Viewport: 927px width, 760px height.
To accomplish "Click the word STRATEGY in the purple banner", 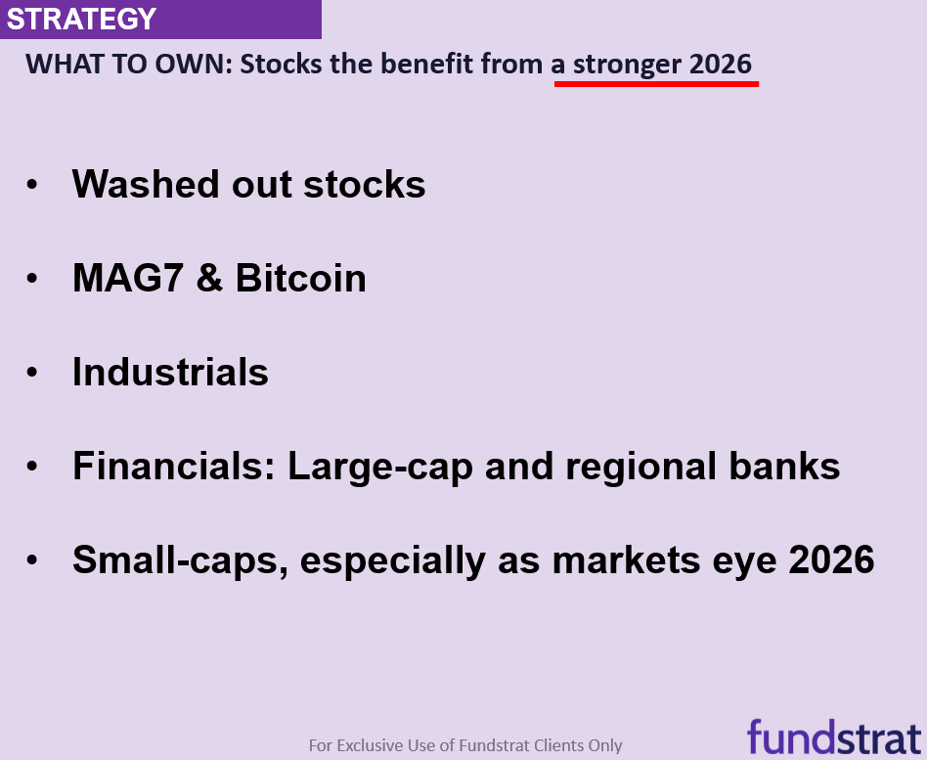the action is (x=81, y=19).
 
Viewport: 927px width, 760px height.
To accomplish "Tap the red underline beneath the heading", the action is (x=656, y=84).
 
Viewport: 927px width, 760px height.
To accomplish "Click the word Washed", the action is (x=146, y=184).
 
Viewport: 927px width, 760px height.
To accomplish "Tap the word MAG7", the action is (x=127, y=278).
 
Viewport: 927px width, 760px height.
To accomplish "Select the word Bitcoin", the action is (x=301, y=278).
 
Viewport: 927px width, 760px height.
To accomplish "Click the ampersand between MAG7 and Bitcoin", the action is (x=209, y=278).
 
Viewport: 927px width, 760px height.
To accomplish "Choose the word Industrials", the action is (x=170, y=372).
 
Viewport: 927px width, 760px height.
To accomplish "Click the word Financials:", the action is (x=174, y=466).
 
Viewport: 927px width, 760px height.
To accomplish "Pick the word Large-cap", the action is (x=380, y=468).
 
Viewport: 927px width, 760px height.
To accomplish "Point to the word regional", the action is (x=640, y=468).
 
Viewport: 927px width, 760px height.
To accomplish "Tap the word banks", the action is (x=784, y=466).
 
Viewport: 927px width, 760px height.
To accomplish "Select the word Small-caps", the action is (x=180, y=561).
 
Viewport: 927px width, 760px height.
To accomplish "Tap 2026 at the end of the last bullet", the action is (x=831, y=559).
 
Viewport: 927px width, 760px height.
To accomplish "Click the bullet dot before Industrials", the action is (x=32, y=372).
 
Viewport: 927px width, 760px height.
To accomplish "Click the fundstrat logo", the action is (x=834, y=736).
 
